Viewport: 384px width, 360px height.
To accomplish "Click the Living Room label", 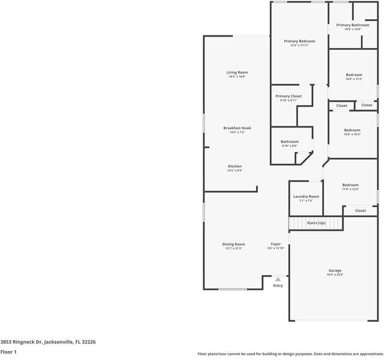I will click(237, 72).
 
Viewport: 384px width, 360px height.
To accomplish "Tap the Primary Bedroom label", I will click(299, 41).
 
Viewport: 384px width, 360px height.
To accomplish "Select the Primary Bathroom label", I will click(353, 25).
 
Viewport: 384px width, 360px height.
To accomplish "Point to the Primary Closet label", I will click(288, 96).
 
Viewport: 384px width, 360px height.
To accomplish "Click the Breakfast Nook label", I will click(237, 128).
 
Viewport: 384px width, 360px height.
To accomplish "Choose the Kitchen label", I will click(234, 166).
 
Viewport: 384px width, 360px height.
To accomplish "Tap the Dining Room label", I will click(234, 244).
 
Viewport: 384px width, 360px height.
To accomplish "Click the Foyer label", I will click(276, 244).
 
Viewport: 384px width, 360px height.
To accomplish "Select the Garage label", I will click(335, 270).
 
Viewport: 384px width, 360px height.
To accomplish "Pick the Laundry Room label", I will click(306, 197).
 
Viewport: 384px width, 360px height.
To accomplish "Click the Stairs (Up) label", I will click(316, 223).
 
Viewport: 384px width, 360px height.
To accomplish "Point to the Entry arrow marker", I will click(278, 279).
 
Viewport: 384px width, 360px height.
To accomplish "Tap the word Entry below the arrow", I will click(278, 285).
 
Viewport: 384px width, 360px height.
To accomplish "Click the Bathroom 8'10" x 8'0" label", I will click(290, 142).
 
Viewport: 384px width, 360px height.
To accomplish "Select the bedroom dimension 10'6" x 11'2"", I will click(353, 79).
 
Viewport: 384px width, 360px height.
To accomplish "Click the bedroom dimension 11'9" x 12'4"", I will click(350, 189).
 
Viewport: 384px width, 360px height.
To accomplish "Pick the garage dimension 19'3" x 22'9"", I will click(335, 275).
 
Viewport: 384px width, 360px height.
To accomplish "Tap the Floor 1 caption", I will click(8, 352).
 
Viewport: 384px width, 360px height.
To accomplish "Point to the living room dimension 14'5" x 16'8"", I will click(237, 76).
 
